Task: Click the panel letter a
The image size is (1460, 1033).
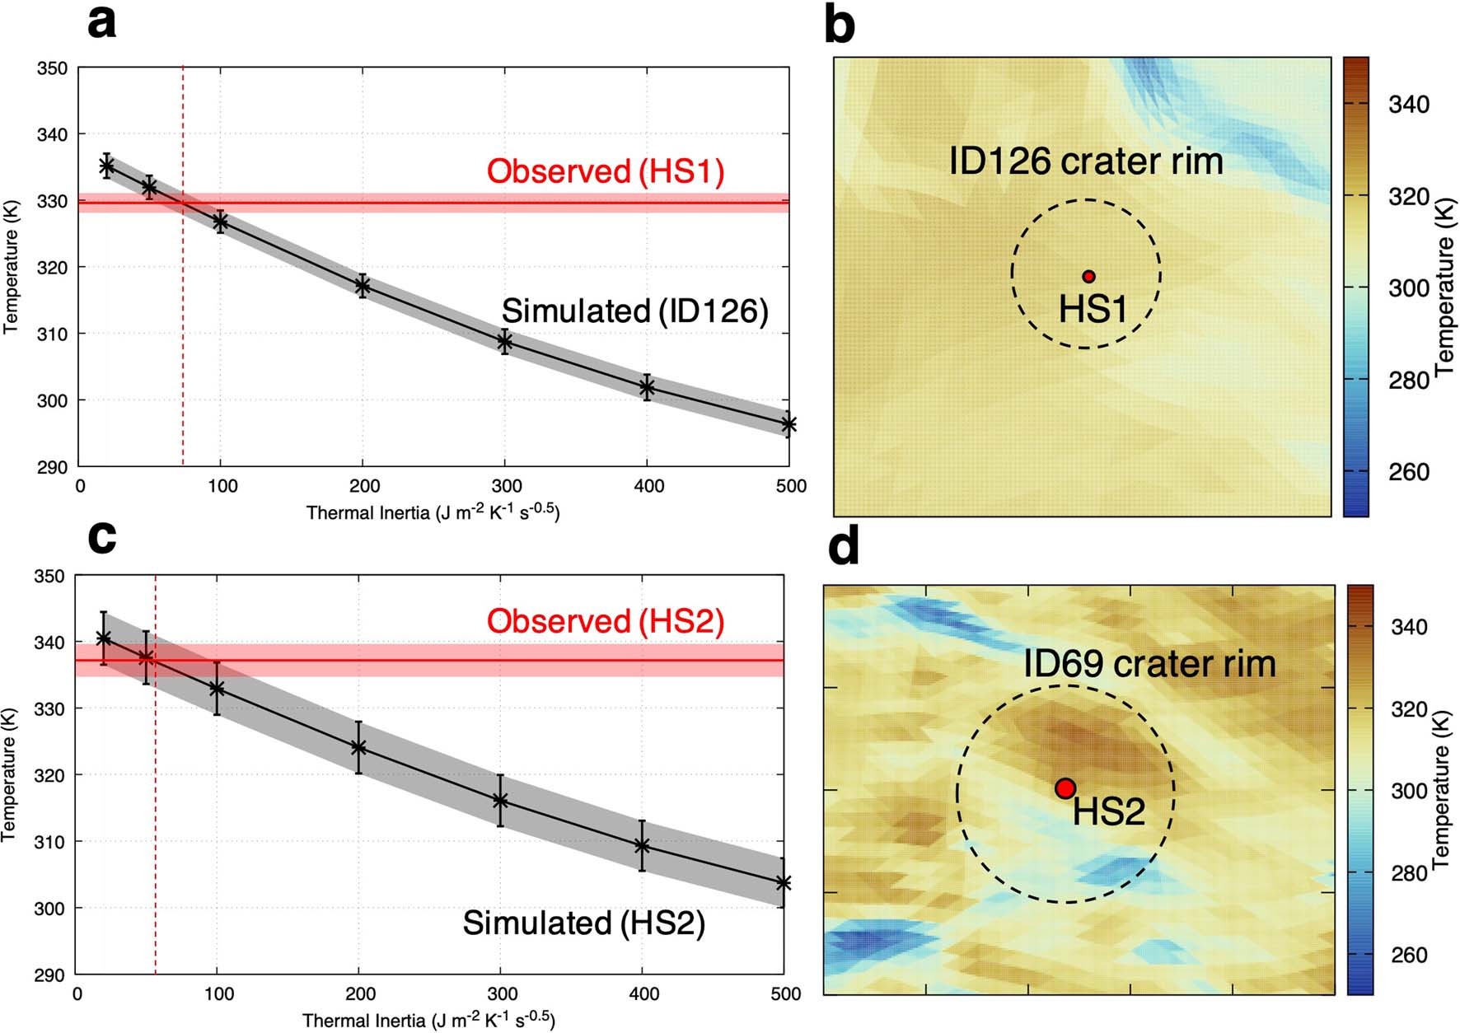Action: [101, 23]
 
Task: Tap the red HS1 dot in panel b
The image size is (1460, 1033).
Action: [1088, 277]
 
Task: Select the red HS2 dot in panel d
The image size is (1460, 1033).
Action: [1065, 788]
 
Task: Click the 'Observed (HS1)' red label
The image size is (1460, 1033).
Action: [606, 171]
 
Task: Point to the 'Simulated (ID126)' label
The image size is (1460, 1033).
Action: [634, 311]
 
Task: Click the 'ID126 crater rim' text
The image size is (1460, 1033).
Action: [1086, 161]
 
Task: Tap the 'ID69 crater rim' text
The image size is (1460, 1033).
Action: [1149, 664]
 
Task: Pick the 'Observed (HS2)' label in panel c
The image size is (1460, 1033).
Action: [606, 621]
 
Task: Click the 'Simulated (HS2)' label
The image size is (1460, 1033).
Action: [583, 923]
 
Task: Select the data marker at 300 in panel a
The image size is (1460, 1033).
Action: [505, 341]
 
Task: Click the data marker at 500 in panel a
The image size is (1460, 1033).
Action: [788, 425]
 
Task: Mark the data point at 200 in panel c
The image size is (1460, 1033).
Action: [358, 747]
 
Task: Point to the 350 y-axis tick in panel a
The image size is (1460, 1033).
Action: [51, 68]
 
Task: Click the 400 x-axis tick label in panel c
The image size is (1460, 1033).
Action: [643, 994]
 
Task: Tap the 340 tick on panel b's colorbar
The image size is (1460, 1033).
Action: [1408, 105]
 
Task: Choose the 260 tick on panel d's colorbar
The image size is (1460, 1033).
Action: [1408, 955]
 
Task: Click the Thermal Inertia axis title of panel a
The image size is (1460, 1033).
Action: [433, 512]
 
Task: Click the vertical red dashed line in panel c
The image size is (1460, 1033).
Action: [155, 824]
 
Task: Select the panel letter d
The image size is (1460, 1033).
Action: [843, 547]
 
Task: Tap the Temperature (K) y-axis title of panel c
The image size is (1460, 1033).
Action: [10, 774]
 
